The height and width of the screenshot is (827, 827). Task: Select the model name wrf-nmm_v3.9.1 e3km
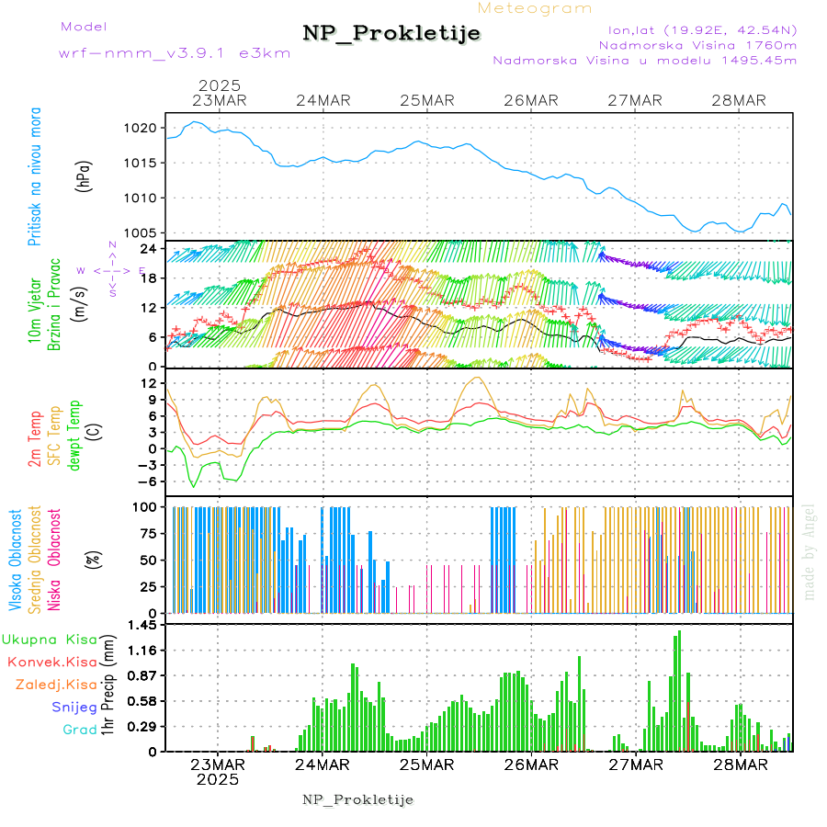175,52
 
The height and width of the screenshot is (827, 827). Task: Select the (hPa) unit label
85,175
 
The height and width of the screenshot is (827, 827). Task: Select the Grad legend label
80,730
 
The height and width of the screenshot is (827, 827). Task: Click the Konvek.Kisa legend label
51,662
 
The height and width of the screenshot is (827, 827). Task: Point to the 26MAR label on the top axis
531,100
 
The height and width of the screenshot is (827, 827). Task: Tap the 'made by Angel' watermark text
810,551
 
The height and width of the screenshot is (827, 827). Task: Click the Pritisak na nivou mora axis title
35,175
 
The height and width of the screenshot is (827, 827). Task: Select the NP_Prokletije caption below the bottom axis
358,799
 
